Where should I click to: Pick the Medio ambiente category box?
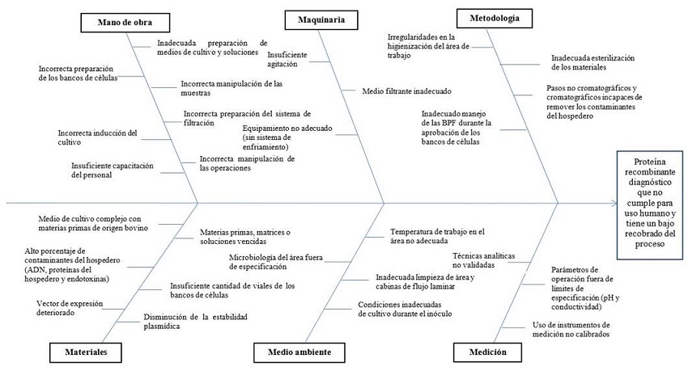coord(291,352)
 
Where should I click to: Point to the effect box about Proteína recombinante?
coord(648,199)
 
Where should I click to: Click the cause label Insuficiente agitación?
coord(287,59)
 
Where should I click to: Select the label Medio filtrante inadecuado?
coord(407,91)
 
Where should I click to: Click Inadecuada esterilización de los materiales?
coord(591,62)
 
